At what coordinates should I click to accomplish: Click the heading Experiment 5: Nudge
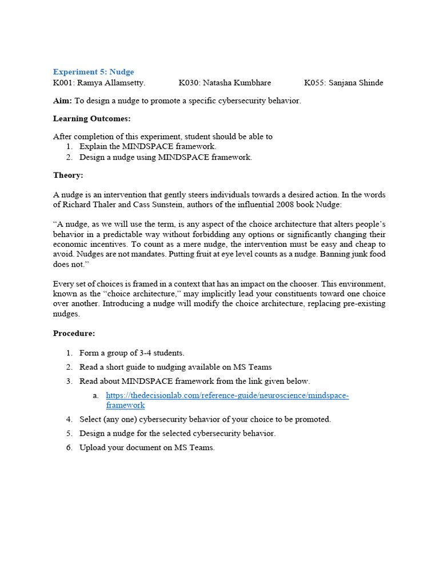coord(93,72)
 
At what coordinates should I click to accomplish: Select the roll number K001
coord(63,83)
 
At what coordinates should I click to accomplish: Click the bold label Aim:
coord(63,101)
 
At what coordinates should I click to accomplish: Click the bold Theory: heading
coord(68,175)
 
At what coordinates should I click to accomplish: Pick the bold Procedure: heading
coord(74,333)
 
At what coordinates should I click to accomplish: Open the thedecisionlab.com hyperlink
coord(227,396)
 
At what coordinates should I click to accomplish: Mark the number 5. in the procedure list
coord(69,433)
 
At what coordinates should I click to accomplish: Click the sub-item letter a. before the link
coord(95,396)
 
